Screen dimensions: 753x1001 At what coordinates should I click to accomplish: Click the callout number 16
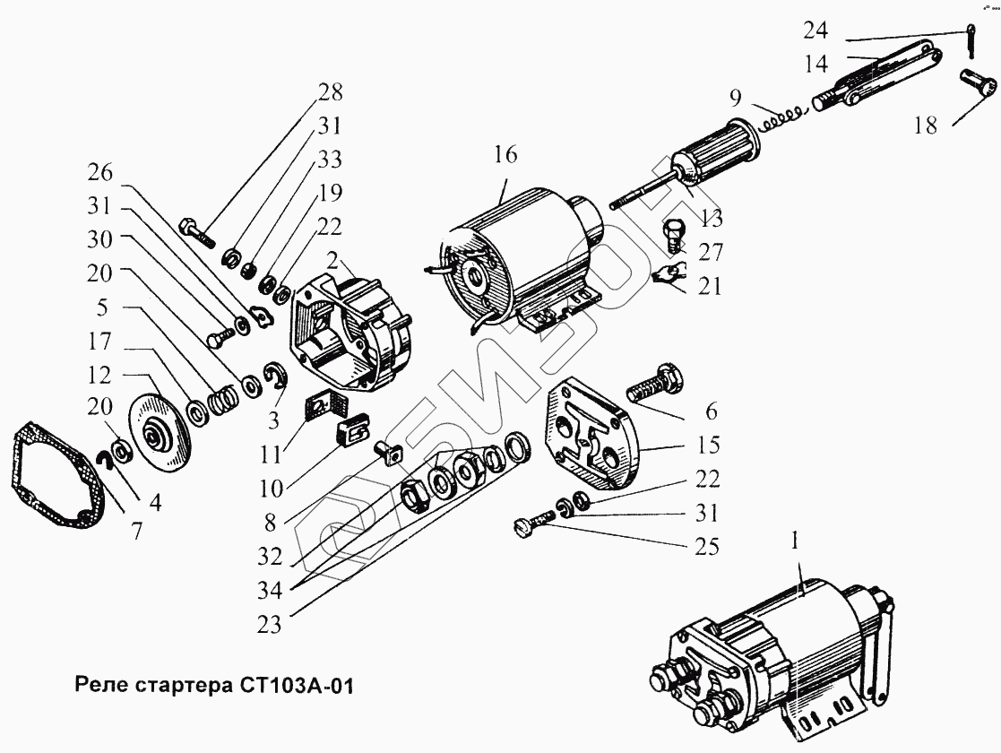tap(505, 155)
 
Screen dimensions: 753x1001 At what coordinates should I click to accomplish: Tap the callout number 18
tap(925, 126)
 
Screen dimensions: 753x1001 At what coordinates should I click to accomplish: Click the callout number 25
tap(706, 546)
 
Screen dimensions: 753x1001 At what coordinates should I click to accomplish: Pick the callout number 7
tap(136, 529)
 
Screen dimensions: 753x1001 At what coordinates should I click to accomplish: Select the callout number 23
tap(268, 625)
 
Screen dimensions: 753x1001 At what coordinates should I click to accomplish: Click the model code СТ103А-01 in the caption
tap(298, 688)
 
